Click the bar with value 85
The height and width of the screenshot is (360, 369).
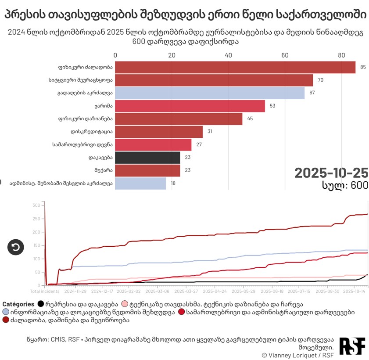(235, 67)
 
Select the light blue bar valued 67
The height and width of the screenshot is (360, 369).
(210, 93)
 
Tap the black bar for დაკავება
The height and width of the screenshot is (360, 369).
(147, 158)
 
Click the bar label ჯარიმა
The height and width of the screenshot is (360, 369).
(104, 106)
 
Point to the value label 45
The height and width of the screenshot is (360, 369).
(250, 119)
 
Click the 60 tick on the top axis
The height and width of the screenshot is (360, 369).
(285, 55)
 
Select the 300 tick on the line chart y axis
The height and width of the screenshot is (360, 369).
(36, 205)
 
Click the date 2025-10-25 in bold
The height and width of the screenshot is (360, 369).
(331, 173)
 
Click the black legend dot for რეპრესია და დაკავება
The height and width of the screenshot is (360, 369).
(41, 304)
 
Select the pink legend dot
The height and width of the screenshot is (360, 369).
(125, 304)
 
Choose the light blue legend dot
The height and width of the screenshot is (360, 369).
(6, 312)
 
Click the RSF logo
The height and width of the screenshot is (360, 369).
(352, 346)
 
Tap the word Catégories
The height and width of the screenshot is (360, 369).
(18, 304)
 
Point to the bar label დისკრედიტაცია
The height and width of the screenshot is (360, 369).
(92, 132)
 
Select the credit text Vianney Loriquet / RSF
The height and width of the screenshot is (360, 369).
(300, 355)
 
